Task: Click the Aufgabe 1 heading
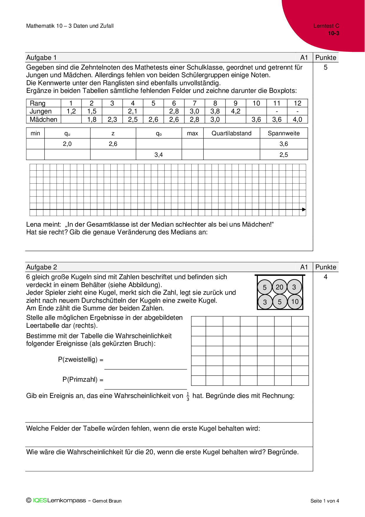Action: click(42, 58)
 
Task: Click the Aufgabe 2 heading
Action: click(42, 267)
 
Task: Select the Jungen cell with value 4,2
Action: click(235, 111)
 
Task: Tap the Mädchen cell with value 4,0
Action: click(297, 119)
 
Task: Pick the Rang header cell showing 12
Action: click(297, 103)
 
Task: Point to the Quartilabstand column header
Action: click(231, 133)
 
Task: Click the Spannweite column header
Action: click(283, 133)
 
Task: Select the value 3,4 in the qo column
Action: click(159, 155)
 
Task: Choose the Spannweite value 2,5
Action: click(283, 155)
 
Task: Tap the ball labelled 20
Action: click(279, 287)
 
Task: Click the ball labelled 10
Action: click(295, 302)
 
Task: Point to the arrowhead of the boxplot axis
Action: click(304, 210)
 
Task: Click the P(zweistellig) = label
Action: click(81, 360)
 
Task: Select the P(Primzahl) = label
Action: click(83, 380)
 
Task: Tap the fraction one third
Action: click(188, 396)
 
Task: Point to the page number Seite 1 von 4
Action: click(324, 501)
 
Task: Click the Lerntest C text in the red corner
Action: click(326, 26)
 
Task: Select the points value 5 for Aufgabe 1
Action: click(326, 67)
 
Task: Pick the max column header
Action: click(192, 133)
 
